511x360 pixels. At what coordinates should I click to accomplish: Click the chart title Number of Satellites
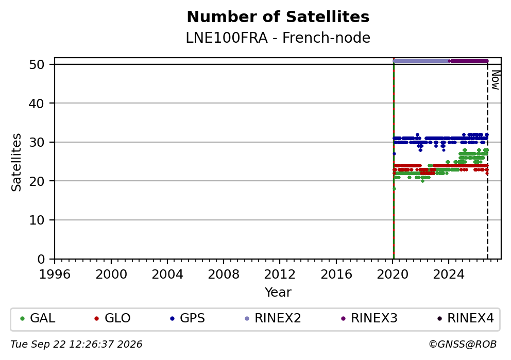pos(278,17)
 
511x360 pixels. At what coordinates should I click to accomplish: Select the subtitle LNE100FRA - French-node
pos(278,38)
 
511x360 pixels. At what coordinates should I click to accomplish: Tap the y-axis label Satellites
pos(16,162)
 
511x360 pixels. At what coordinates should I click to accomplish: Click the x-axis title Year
pos(278,292)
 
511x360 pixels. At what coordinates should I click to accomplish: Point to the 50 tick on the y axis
pos(37,64)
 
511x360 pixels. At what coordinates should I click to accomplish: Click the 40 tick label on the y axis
pos(37,104)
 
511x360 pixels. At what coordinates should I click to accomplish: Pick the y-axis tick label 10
pos(37,220)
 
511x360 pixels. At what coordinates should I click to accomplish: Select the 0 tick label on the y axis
pos(41,260)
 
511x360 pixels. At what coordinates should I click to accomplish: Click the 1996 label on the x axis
pos(55,275)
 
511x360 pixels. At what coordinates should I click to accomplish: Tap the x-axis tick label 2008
pos(224,275)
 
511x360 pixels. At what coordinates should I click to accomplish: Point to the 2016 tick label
pos(336,275)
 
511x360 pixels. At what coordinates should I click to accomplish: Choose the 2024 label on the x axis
pos(449,275)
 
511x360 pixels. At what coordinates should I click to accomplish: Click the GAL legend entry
pos(38,318)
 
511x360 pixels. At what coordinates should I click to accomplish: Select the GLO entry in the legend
pos(112,318)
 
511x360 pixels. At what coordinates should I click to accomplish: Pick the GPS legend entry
pos(188,318)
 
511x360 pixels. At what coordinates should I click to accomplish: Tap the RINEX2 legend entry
pos(273,318)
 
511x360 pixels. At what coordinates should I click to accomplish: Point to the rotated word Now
pos(496,80)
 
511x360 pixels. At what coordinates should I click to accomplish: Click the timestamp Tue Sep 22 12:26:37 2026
pos(76,345)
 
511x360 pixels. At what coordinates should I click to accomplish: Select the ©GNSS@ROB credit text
pos(463,345)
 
